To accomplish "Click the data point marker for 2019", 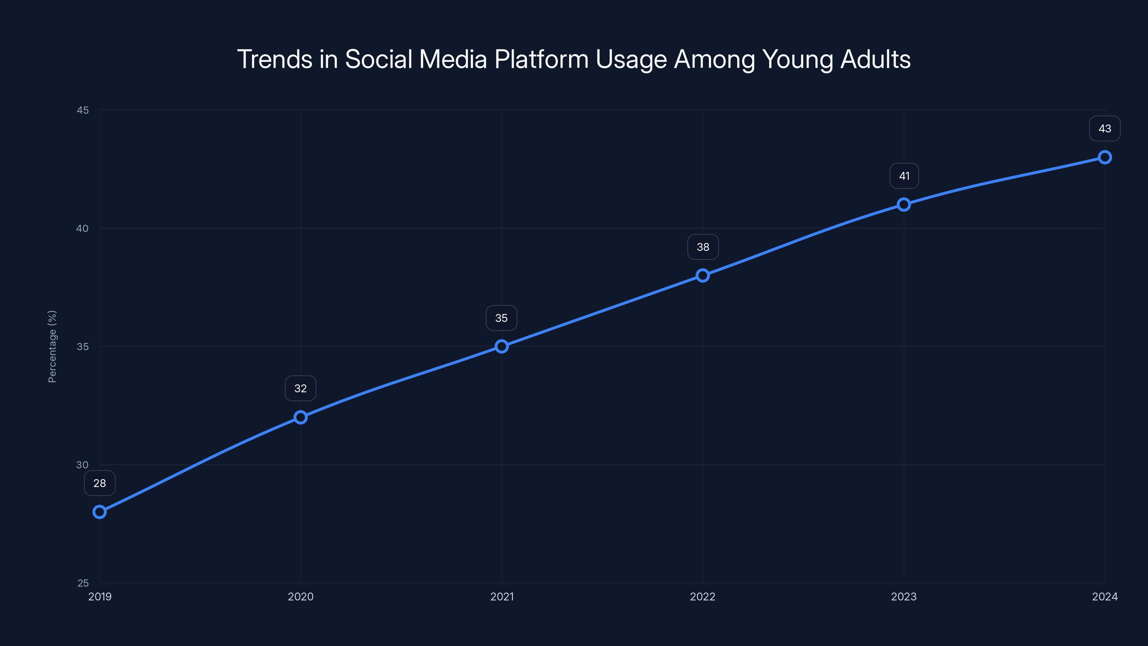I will click(99, 512).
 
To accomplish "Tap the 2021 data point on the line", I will click(502, 346).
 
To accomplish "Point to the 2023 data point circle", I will click(904, 205).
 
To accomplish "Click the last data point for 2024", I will click(1105, 158).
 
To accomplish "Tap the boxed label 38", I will click(703, 247).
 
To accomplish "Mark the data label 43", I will click(1105, 129).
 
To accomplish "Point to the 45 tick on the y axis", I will click(83, 110).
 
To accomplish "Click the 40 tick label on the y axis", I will click(83, 228).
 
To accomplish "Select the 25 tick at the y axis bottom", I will click(83, 583).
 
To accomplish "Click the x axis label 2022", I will click(703, 596).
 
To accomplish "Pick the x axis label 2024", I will click(1105, 596).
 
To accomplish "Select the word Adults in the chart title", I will click(875, 59).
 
